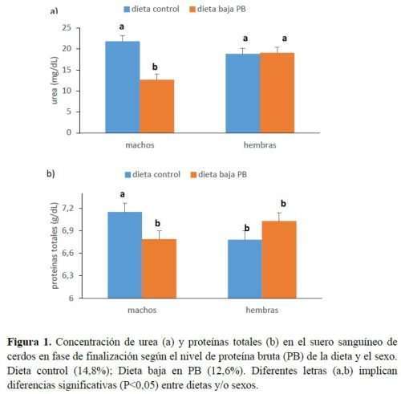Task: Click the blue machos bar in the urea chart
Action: click(x=123, y=87)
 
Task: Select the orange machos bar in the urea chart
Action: click(x=157, y=106)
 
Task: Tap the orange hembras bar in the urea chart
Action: click(x=277, y=93)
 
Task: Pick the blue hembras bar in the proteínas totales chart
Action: click(x=245, y=269)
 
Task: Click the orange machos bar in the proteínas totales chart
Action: click(x=159, y=269)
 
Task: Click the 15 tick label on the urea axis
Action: click(x=67, y=70)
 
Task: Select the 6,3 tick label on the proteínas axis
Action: click(x=67, y=275)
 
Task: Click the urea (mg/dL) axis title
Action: click(x=55, y=80)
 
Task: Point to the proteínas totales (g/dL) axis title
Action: click(x=55, y=246)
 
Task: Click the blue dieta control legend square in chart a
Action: click(x=127, y=10)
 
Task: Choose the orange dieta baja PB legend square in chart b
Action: click(x=193, y=175)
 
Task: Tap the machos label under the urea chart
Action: click(x=140, y=145)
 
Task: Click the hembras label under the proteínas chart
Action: click(x=262, y=310)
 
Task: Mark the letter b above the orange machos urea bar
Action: click(x=155, y=67)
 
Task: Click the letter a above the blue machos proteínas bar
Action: click(x=123, y=194)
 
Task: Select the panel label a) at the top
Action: click(x=54, y=11)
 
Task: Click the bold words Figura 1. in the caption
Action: click(x=29, y=342)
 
